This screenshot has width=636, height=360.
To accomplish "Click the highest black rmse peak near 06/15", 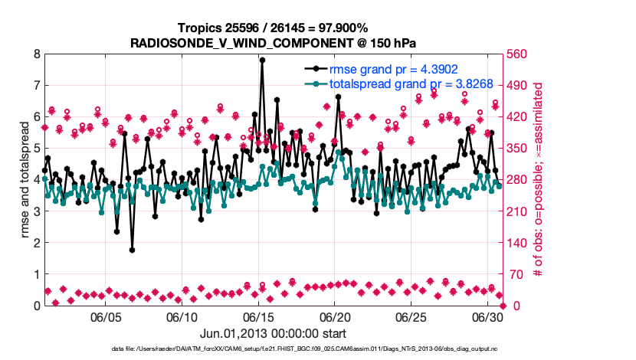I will coord(262,60).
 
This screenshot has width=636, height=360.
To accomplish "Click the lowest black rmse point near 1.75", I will coord(132,250).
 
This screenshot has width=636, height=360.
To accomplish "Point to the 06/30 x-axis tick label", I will coord(488,317).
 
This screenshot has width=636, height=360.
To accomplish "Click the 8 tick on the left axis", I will coord(36,54).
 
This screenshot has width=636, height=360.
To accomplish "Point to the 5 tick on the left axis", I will coord(36,149).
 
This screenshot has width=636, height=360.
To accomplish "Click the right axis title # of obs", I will coord(538,180).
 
